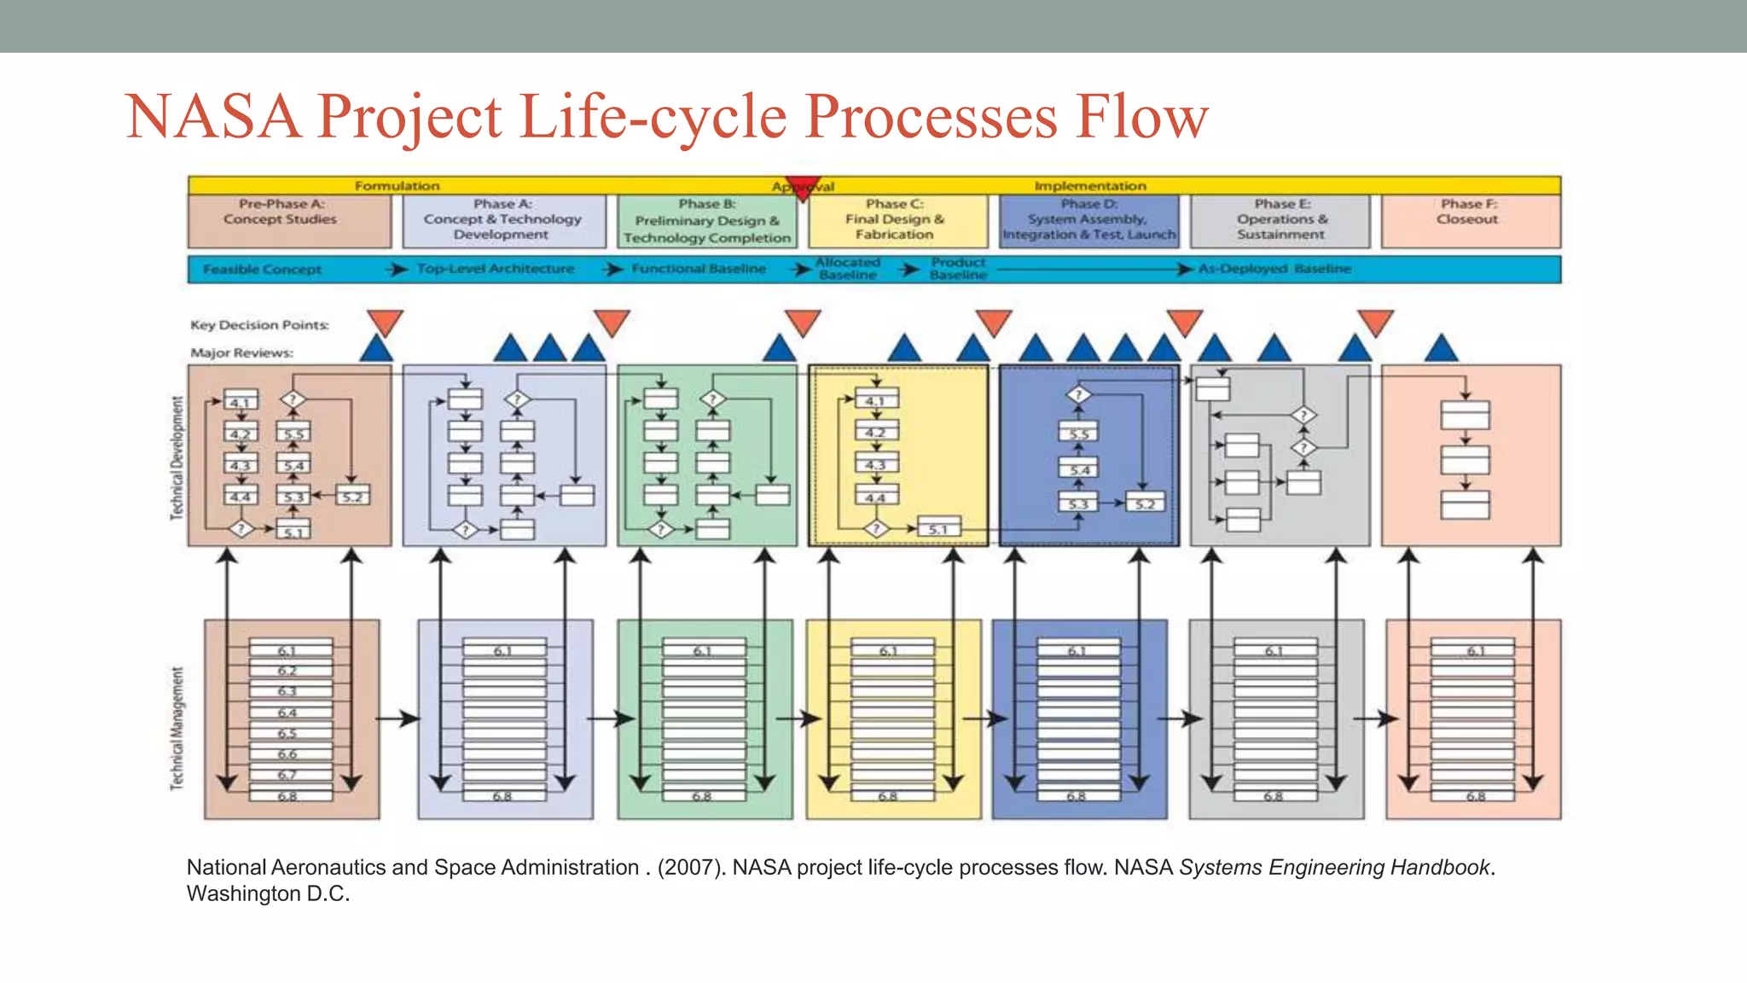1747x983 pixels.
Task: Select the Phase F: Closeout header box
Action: (x=1470, y=220)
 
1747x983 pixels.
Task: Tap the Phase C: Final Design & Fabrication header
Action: (x=896, y=220)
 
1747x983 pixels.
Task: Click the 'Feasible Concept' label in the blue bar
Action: (x=262, y=270)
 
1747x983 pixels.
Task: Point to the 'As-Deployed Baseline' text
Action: (x=1274, y=269)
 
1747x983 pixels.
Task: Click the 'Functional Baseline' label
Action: (x=699, y=269)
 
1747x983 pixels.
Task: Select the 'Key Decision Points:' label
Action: (x=259, y=325)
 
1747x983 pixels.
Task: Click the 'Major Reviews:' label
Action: (x=241, y=353)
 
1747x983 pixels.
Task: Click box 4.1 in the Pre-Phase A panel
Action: (x=241, y=402)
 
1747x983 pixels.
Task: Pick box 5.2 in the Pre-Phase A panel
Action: (x=352, y=497)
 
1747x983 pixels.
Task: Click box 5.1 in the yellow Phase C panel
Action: (x=938, y=529)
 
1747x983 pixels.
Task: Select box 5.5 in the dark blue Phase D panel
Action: (x=1079, y=433)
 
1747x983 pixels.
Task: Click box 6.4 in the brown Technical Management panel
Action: (x=288, y=713)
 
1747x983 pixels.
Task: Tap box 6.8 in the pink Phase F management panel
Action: (x=1475, y=796)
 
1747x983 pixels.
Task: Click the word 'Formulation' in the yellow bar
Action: (x=397, y=186)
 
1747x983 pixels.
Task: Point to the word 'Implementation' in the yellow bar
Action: (x=1090, y=186)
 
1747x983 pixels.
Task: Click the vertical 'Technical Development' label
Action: (x=177, y=457)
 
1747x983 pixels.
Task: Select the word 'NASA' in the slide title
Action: (x=213, y=117)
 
